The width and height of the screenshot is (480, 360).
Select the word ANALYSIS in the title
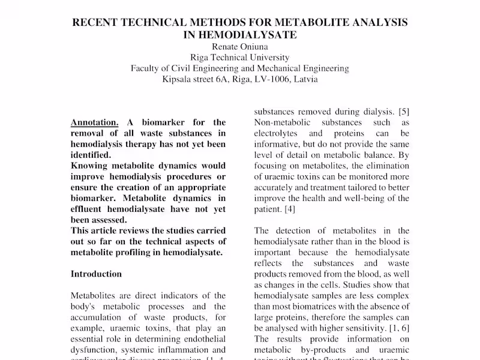377,23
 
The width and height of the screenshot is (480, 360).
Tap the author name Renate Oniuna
239,47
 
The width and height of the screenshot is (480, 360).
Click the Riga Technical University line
239,58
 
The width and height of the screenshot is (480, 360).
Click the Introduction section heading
96,274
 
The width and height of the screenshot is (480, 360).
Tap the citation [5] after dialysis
404,111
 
